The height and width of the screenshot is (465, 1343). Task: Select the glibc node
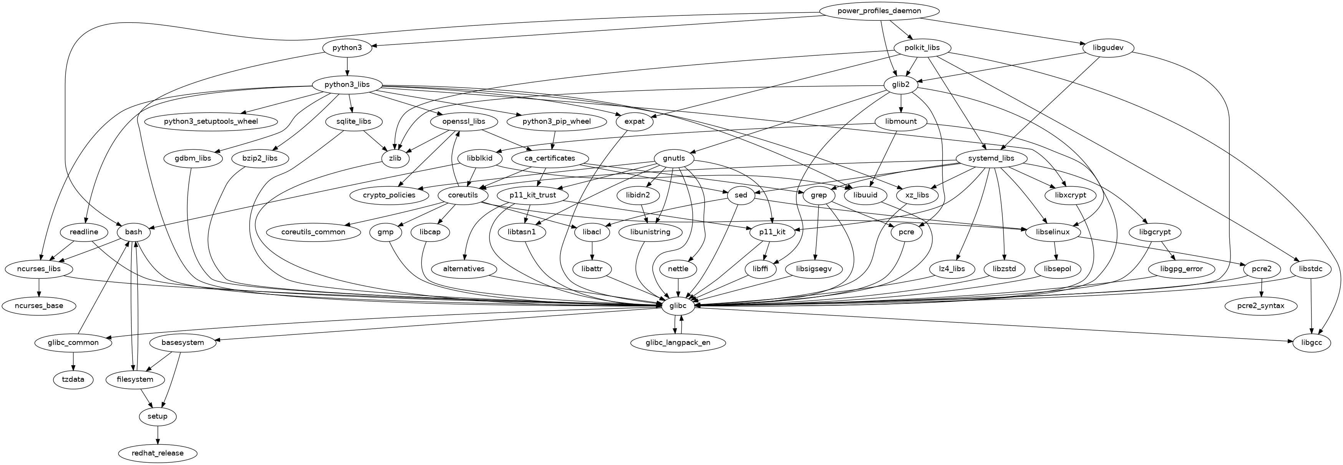coord(678,306)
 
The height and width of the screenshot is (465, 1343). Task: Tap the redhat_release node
coord(158,453)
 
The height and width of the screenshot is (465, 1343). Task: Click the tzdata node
coord(73,379)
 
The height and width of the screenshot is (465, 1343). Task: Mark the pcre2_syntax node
coord(1261,306)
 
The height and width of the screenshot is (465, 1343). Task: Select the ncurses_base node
coord(39,306)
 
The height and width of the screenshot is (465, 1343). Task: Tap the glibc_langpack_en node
coord(678,343)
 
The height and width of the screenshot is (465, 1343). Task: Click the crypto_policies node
coord(390,195)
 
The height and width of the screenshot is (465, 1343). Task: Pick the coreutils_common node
coord(314,232)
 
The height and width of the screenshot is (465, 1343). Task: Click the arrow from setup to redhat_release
coord(158,435)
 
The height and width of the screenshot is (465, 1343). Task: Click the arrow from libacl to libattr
coord(592,251)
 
